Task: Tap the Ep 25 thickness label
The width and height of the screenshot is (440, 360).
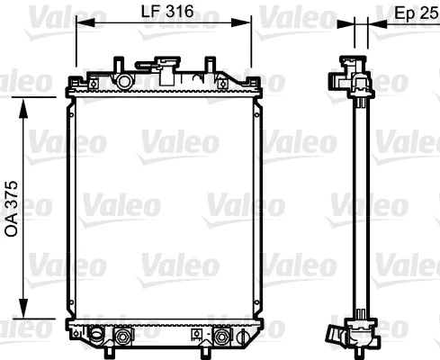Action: point(417,13)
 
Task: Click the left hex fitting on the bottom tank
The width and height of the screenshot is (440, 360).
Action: point(119,337)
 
